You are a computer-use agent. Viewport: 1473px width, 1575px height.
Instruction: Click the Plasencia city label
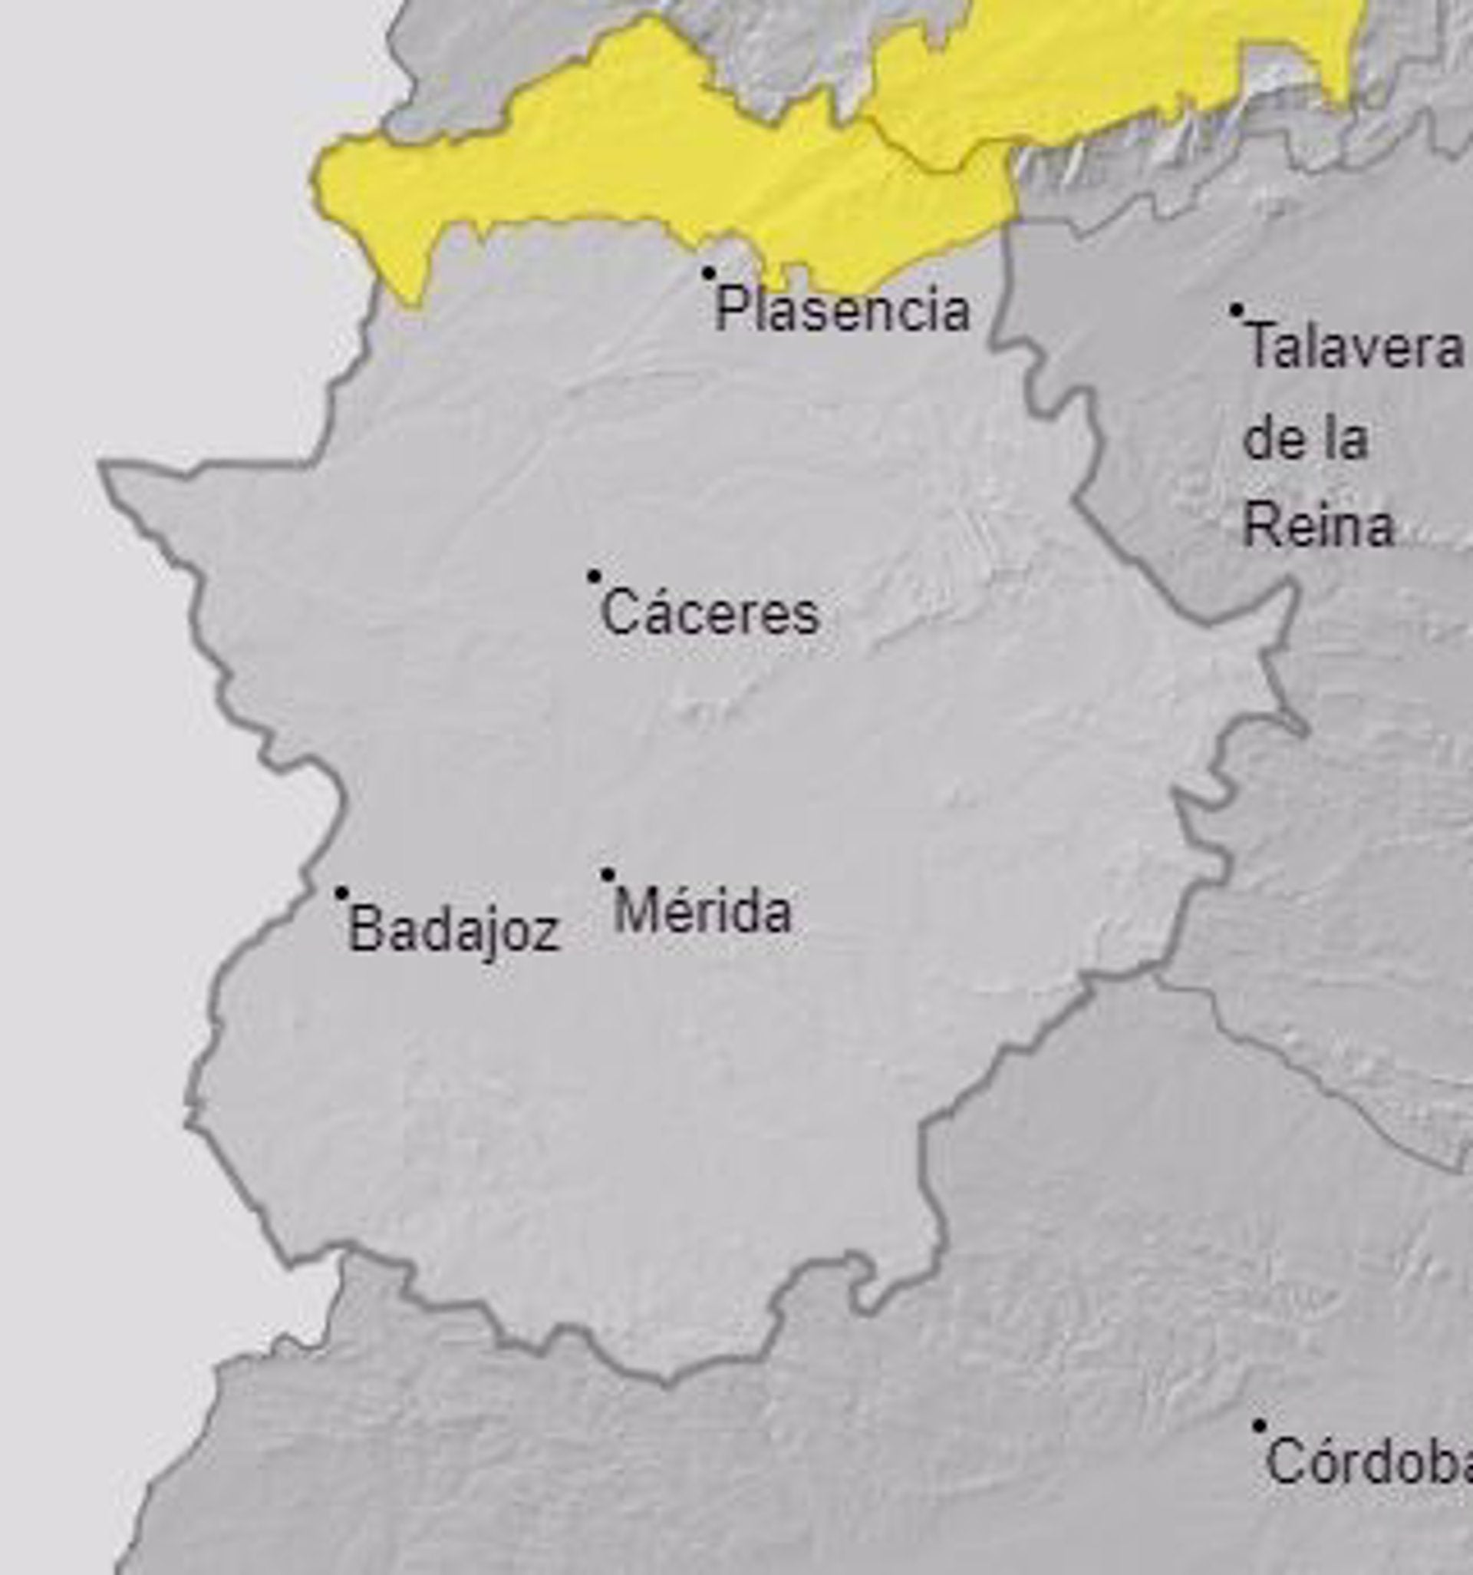click(x=842, y=310)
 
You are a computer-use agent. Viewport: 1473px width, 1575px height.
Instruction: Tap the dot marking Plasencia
click(x=709, y=273)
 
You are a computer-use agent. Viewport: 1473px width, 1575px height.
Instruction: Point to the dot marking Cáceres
click(x=594, y=576)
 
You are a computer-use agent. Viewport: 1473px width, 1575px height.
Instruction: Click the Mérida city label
click(x=703, y=912)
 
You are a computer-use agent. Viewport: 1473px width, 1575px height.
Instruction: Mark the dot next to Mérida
click(x=608, y=875)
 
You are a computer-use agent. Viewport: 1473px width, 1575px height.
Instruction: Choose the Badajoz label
click(x=453, y=930)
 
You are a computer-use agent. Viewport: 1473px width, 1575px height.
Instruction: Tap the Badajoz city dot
click(x=342, y=893)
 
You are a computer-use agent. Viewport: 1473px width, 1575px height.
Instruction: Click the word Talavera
click(x=1354, y=347)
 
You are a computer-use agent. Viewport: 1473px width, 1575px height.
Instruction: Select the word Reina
click(x=1319, y=526)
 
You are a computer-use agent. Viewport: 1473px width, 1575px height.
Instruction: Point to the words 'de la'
click(x=1305, y=439)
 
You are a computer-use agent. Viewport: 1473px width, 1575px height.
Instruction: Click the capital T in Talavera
click(x=1259, y=347)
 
